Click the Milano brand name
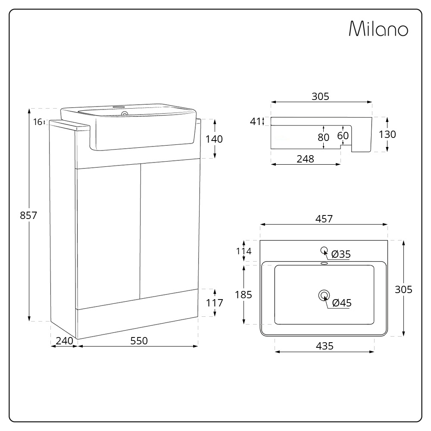click(x=378, y=29)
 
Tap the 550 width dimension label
click(x=139, y=341)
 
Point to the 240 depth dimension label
click(x=64, y=341)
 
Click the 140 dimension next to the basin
click(x=214, y=139)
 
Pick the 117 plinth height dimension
click(x=214, y=303)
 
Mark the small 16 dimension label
click(x=37, y=122)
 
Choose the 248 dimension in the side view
click(x=305, y=159)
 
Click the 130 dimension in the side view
click(x=387, y=134)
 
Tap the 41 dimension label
click(x=256, y=121)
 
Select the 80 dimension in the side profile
click(x=323, y=137)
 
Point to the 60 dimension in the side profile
click(x=343, y=135)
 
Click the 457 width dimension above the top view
click(x=324, y=219)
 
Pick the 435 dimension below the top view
click(x=325, y=346)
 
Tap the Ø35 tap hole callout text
click(x=341, y=254)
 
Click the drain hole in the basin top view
click(x=324, y=295)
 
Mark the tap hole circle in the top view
click(x=324, y=250)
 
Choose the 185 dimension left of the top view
click(x=244, y=295)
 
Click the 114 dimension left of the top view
click(x=244, y=251)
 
